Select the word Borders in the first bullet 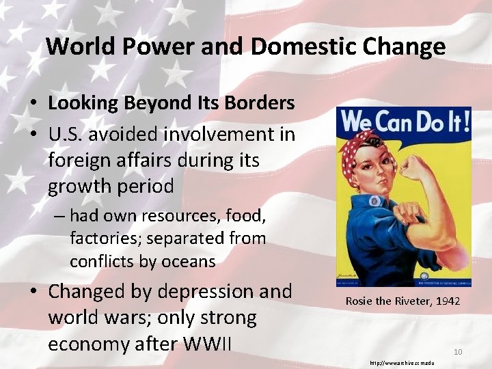click(262, 103)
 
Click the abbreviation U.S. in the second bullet click(66, 134)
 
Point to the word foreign click(77, 160)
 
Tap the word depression click(202, 292)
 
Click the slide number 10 click(458, 352)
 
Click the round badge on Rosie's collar click(374, 201)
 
